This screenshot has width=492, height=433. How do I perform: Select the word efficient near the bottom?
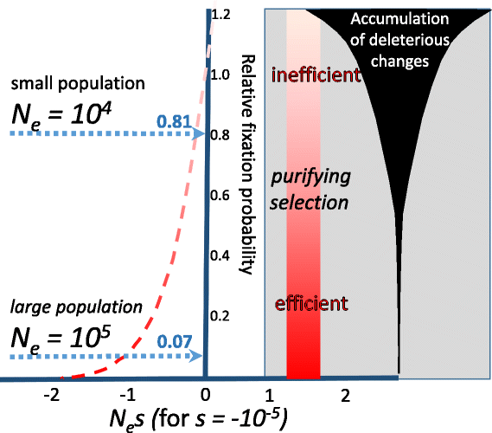[x=311, y=304]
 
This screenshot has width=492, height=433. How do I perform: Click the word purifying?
[x=312, y=178]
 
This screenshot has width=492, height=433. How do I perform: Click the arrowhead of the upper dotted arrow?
[x=198, y=133]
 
